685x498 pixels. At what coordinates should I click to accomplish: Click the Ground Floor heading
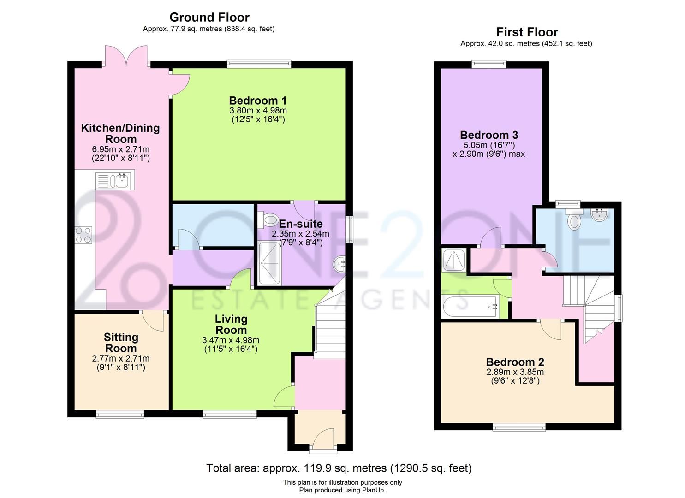point(209,18)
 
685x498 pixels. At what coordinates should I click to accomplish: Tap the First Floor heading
point(527,32)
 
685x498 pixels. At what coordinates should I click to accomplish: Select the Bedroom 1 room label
point(258,101)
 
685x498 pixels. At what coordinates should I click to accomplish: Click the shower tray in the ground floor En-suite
point(269,264)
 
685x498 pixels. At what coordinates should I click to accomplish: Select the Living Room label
point(231,325)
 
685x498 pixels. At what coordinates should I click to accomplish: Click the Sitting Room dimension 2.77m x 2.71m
point(120,358)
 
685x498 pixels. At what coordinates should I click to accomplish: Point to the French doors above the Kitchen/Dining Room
point(126,56)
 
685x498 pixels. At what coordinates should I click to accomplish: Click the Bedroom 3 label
point(488,135)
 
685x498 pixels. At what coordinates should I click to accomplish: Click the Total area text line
point(339,468)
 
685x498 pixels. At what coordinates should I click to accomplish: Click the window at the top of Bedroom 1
point(259,64)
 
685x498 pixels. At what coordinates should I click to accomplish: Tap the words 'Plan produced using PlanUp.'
point(342,490)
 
